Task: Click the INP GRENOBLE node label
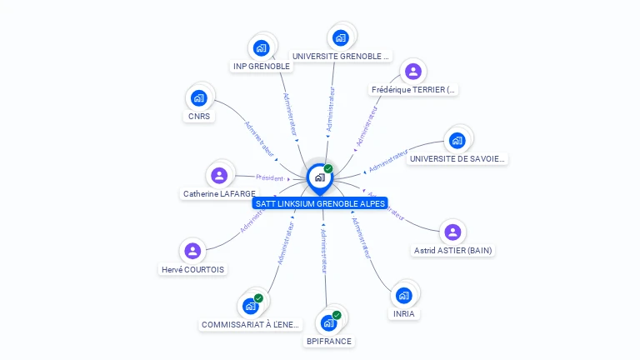coord(262,66)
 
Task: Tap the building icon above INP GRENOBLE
coord(261,47)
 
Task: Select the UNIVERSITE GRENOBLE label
coord(341,56)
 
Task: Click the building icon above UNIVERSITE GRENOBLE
coord(340,37)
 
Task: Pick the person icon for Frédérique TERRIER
coord(412,71)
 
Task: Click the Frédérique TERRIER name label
coord(414,89)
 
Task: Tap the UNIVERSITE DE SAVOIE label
coord(457,158)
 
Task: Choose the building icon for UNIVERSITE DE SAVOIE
coord(457,140)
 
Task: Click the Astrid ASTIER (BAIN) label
coord(452,250)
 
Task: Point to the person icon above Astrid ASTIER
coord(452,232)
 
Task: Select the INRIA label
coord(404,314)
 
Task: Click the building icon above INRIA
coord(404,295)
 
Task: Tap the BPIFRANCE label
coord(329,341)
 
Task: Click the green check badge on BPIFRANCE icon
coord(337,315)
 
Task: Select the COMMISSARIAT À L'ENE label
coord(251,324)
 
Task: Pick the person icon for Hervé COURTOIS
coord(192,251)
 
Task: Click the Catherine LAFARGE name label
coord(219,193)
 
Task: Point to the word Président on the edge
coord(270,177)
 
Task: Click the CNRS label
coord(199,117)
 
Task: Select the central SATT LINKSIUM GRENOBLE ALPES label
coord(320,203)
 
